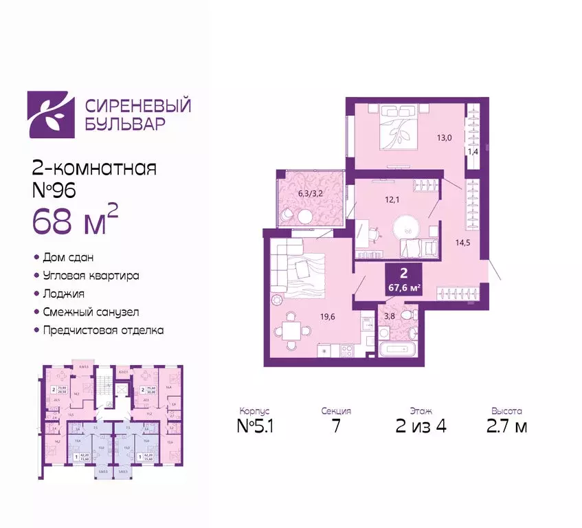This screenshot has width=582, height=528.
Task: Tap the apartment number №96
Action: [57, 192]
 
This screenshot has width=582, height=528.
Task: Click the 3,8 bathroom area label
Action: [389, 316]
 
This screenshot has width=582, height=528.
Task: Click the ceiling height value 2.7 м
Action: [507, 426]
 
